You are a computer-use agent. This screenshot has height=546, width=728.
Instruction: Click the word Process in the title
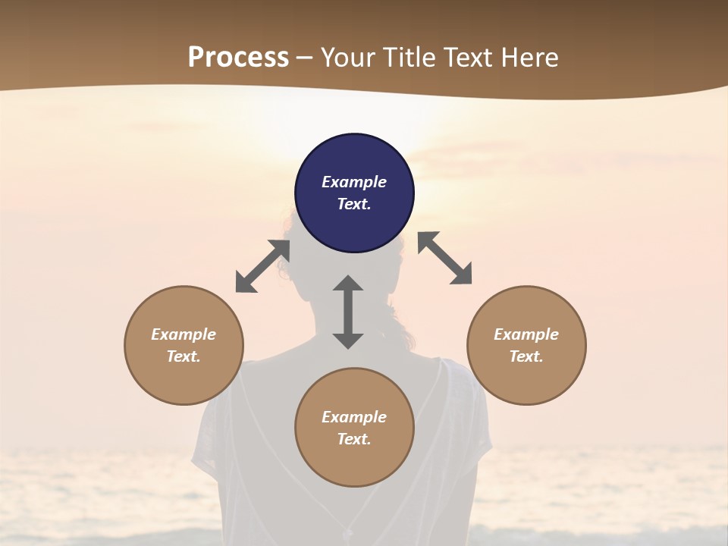(238, 58)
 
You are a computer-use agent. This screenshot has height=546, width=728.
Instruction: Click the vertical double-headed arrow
(348, 312)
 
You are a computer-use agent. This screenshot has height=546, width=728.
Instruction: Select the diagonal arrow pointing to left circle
(262, 266)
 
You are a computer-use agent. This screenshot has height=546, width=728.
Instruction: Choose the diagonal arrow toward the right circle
(445, 258)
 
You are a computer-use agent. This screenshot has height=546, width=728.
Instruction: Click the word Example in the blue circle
(354, 182)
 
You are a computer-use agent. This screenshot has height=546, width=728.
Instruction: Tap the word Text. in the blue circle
(354, 204)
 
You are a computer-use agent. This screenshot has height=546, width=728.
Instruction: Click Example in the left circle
(184, 334)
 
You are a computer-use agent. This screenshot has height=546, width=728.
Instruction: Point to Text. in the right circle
(526, 356)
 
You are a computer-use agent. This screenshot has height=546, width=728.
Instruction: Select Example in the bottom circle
(354, 417)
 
